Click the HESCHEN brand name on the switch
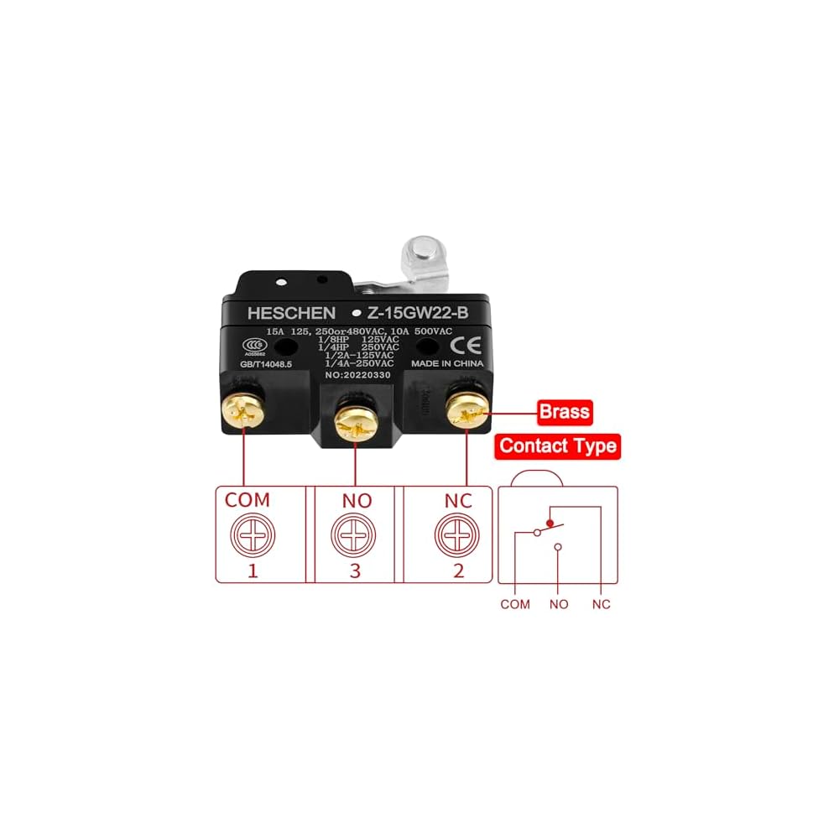(x=291, y=313)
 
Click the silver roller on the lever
(x=419, y=253)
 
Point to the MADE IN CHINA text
(x=446, y=364)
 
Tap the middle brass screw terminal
(x=356, y=421)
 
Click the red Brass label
(x=564, y=412)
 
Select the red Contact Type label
(x=558, y=446)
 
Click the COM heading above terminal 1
(x=248, y=500)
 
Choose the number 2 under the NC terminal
(x=459, y=571)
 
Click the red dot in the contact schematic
(x=550, y=524)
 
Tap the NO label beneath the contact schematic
(x=558, y=603)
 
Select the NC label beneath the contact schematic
(x=601, y=603)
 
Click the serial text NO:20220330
(x=359, y=375)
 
